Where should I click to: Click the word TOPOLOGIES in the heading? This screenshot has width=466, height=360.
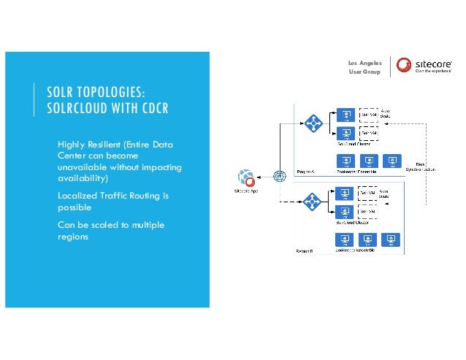[108, 93]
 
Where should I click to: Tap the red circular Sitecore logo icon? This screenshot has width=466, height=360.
[404, 66]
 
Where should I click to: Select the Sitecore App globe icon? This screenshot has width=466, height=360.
[245, 177]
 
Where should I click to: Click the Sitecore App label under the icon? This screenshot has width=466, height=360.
[245, 191]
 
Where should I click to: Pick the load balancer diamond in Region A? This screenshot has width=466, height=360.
[314, 123]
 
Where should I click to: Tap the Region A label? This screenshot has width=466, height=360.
[305, 172]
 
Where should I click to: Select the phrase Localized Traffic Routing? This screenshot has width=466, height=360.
[107, 195]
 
